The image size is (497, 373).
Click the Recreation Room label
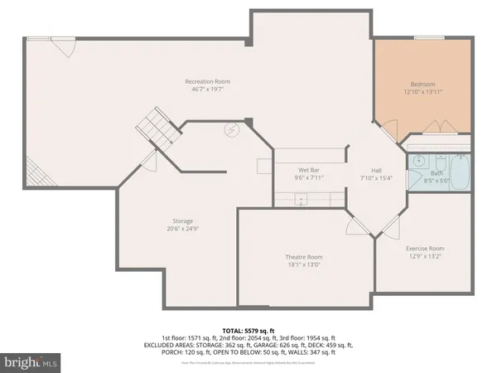point(207,81)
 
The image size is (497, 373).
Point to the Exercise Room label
point(424,248)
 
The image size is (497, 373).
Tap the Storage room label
point(182,221)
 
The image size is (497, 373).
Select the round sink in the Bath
point(417,162)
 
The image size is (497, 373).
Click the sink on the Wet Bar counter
point(300,198)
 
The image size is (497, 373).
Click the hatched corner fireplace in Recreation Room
point(36,175)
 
